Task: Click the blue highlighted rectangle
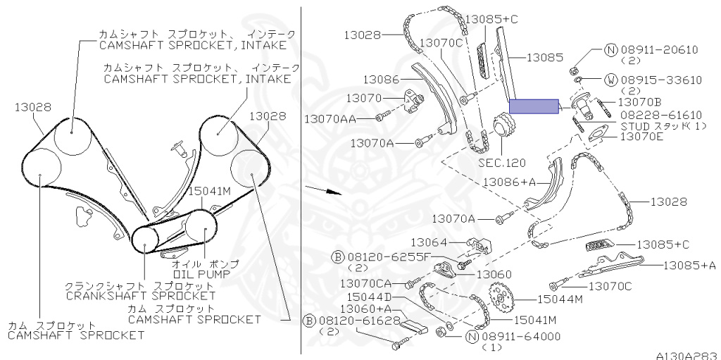pyautogui.click(x=534, y=106)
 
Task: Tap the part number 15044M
pyautogui.click(x=560, y=299)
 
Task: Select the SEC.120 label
pyautogui.click(x=501, y=163)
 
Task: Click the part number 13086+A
pyautogui.click(x=509, y=182)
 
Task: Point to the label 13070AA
pyautogui.click(x=330, y=119)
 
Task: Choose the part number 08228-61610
pyautogui.click(x=661, y=115)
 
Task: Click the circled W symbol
pyautogui.click(x=610, y=80)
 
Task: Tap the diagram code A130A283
pyautogui.click(x=688, y=356)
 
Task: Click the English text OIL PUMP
pyautogui.click(x=201, y=273)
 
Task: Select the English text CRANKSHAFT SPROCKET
pyautogui.click(x=141, y=296)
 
